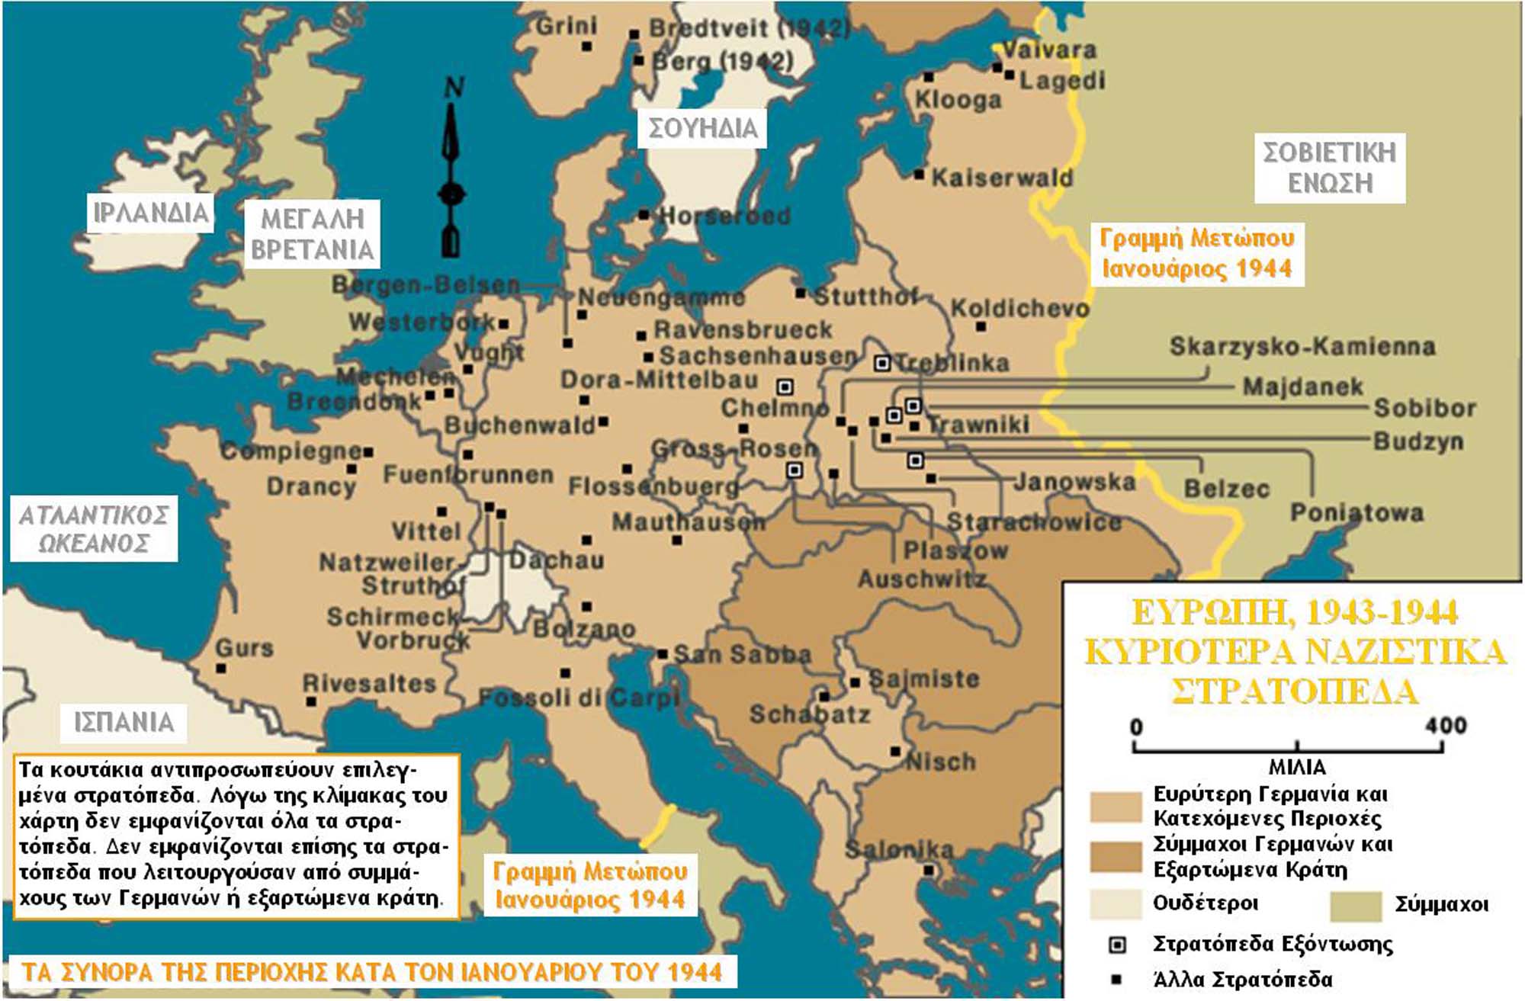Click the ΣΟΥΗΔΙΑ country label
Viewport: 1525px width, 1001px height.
click(702, 128)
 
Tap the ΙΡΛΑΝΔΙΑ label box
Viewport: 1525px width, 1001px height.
click(150, 213)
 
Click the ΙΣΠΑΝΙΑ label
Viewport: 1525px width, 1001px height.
click(124, 722)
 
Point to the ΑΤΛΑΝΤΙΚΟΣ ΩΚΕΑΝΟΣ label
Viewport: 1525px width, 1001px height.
click(93, 529)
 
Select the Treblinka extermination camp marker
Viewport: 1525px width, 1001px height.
click(882, 363)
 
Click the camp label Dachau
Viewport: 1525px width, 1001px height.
click(557, 560)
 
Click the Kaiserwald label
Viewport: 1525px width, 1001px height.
click(1001, 178)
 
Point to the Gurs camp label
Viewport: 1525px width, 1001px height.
click(244, 649)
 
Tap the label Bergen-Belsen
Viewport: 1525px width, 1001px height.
click(425, 285)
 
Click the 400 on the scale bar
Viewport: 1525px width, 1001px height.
click(1445, 725)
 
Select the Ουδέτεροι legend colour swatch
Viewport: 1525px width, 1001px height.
click(1116, 904)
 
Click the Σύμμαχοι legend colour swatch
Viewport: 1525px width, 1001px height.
click(1355, 906)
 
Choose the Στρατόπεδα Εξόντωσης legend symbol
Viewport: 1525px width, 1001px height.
click(1117, 945)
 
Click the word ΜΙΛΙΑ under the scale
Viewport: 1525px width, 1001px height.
click(1297, 767)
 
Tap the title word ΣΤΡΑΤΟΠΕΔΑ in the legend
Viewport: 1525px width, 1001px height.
click(1294, 691)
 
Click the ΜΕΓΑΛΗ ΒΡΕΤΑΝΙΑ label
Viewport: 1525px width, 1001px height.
click(312, 234)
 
